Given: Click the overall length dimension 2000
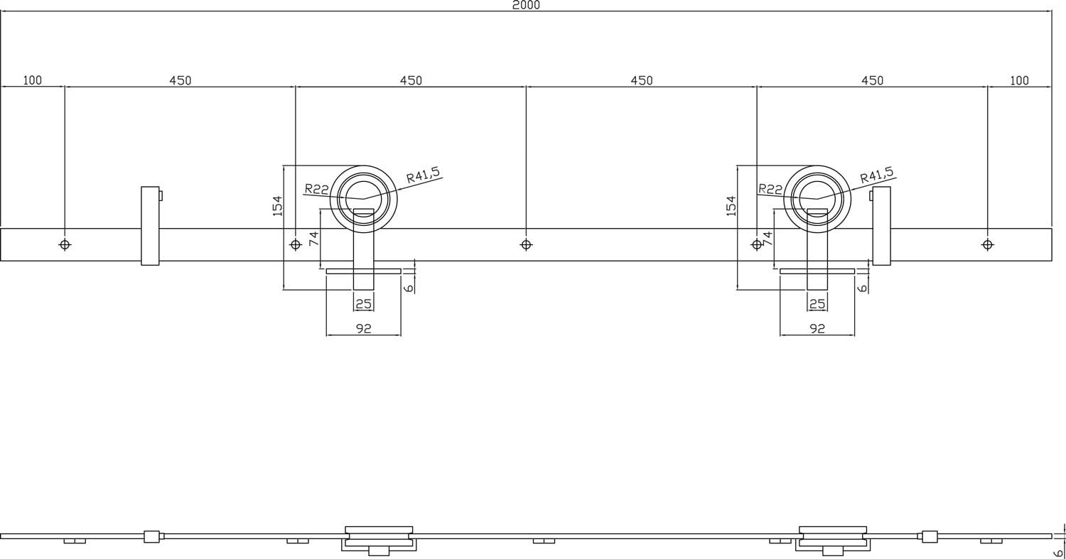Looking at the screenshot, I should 526,5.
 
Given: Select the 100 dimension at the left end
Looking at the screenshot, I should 32,80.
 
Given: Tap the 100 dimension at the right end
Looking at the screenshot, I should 1019,80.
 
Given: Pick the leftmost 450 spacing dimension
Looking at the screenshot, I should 180,80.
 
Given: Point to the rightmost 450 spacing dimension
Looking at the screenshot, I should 872,80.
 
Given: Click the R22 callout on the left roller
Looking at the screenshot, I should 316,189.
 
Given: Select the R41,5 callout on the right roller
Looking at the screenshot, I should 877,175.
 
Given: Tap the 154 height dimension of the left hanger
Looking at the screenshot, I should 278,205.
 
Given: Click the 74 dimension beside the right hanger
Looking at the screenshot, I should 767,238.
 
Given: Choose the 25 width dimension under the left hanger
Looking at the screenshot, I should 364,304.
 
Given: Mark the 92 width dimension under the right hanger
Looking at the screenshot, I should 817,329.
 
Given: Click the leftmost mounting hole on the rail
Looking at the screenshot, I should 65,244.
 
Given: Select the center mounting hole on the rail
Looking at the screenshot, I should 526,244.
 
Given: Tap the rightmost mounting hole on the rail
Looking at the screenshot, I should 987,244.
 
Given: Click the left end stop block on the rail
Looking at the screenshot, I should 150,226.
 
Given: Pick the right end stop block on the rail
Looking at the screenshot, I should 881,226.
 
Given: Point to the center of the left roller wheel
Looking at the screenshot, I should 364,199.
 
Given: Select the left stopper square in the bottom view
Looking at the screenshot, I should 151,536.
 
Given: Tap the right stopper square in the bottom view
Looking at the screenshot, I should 930,536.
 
